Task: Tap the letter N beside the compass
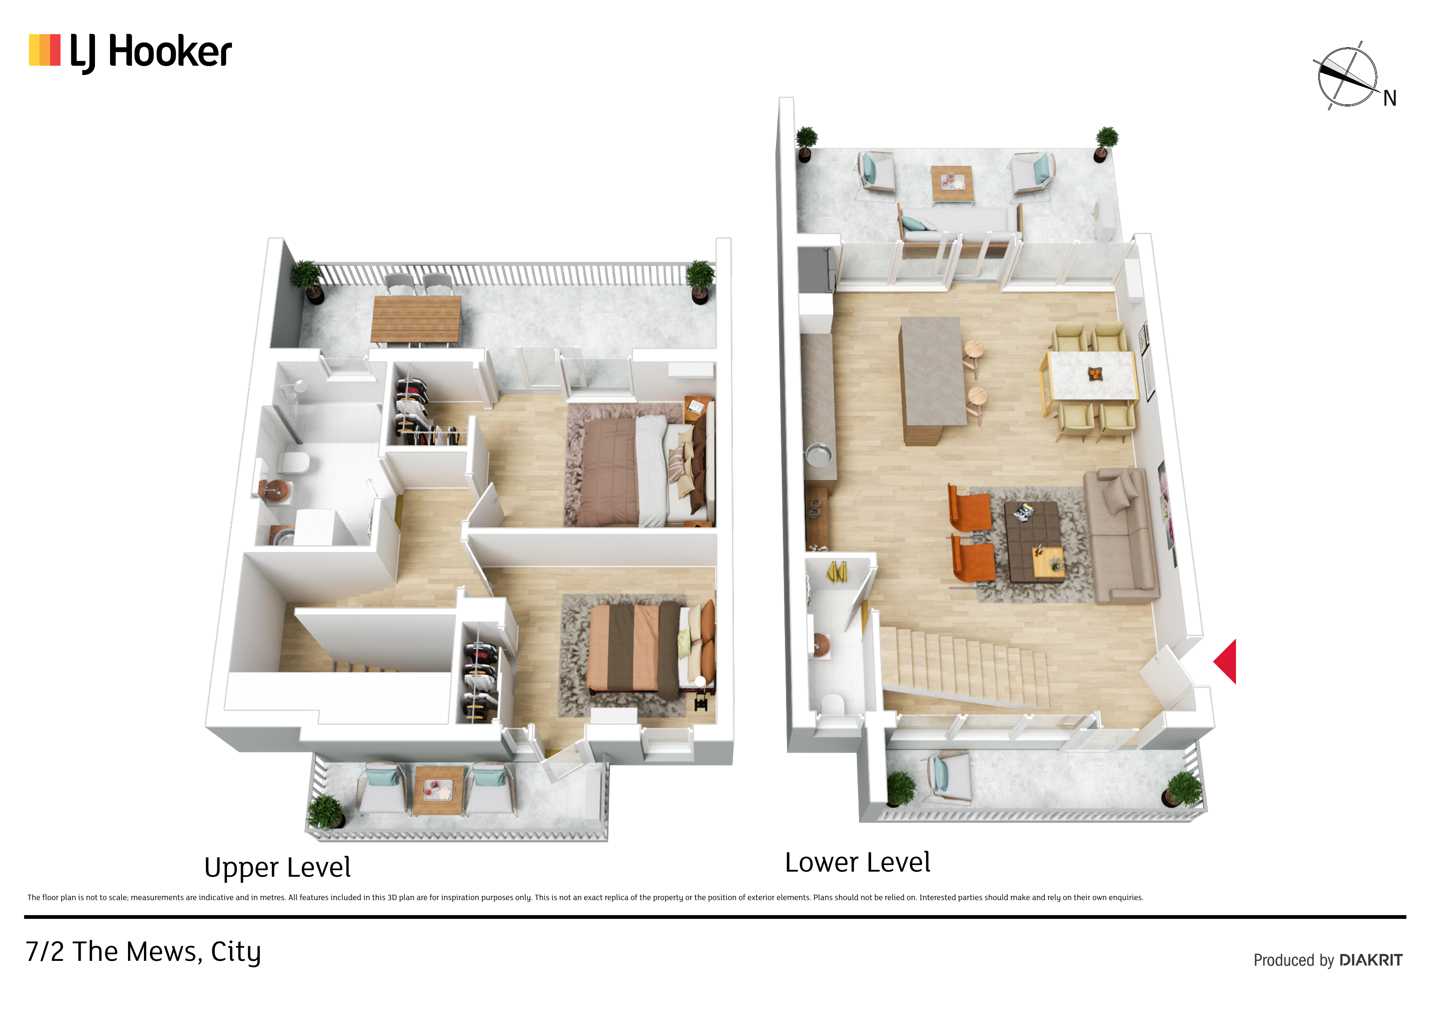coord(1390,98)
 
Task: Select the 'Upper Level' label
coord(277,868)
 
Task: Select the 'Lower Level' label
coord(858,863)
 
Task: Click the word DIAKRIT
coord(1371,960)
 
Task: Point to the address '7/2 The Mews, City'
coord(143,952)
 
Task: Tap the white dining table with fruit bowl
coord(1092,375)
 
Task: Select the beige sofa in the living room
coord(1121,536)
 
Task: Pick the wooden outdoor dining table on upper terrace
coord(416,320)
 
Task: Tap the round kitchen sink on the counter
coord(819,454)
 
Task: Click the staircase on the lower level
coord(965,667)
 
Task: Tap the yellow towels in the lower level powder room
coord(836,572)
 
